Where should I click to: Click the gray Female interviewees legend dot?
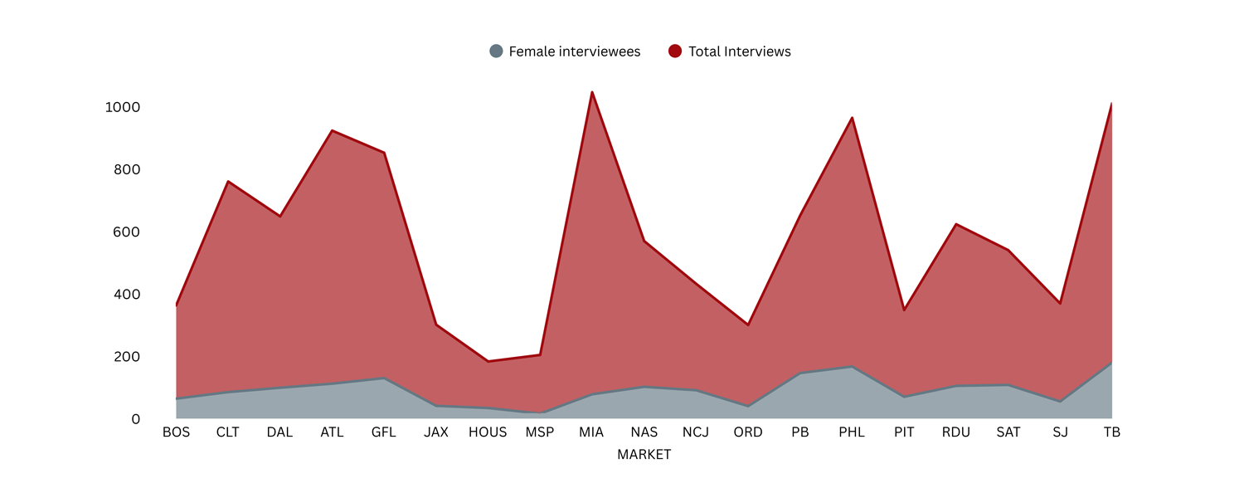click(496, 51)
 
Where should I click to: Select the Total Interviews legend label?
click(739, 51)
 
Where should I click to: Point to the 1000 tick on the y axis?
click(123, 107)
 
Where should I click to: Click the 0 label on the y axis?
click(135, 419)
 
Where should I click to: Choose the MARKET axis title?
click(644, 455)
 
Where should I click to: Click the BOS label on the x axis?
click(176, 432)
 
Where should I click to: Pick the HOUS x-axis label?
click(488, 432)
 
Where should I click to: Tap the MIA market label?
click(591, 432)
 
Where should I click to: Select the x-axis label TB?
click(1112, 432)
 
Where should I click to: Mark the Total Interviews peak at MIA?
click(591, 91)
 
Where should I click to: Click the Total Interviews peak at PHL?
click(852, 118)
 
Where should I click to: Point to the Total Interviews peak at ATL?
click(332, 130)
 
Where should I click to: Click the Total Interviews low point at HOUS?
click(488, 361)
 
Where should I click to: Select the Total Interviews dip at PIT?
click(904, 310)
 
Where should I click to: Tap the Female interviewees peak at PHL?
click(852, 367)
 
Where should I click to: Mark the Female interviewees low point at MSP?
click(540, 413)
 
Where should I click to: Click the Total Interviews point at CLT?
click(228, 181)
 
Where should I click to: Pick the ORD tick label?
click(748, 432)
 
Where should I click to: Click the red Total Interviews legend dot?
click(675, 51)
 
